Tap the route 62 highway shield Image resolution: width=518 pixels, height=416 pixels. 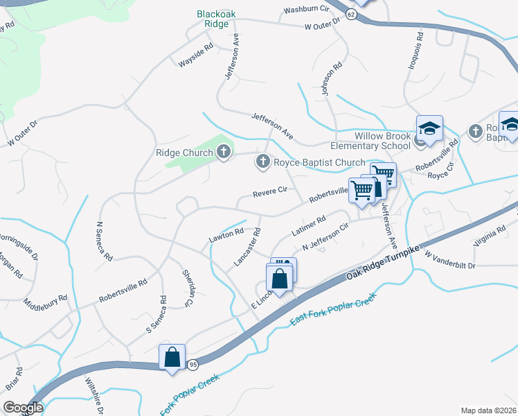point(351,15)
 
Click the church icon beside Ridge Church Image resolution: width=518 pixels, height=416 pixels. point(224,152)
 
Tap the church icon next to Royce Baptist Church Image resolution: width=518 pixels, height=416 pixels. point(262,162)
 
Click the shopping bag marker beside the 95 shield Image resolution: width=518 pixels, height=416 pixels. point(172,357)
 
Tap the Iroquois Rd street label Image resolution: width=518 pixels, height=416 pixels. point(419,46)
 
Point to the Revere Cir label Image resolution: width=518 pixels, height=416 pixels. point(269,191)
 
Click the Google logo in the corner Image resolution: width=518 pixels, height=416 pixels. point(22,408)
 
